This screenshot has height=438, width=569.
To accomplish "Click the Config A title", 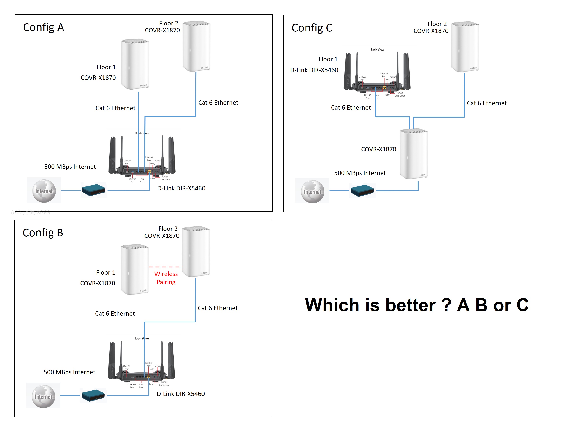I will point(44,27).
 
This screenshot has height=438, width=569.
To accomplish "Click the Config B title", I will point(43,233).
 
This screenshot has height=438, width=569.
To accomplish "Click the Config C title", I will point(312,28).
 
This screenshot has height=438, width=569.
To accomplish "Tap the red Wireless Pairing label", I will point(166,278).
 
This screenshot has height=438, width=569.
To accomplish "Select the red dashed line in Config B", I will point(164,267).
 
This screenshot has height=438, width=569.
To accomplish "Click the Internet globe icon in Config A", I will point(44,191).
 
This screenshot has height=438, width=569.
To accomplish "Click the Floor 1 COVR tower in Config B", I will point(134,270).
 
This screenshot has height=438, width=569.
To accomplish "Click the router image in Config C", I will point(377,74).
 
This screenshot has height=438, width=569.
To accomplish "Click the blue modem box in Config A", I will point(93,190).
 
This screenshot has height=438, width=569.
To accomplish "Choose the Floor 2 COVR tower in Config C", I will point(465,47).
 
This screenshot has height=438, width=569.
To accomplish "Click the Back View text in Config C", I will point(377,50).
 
